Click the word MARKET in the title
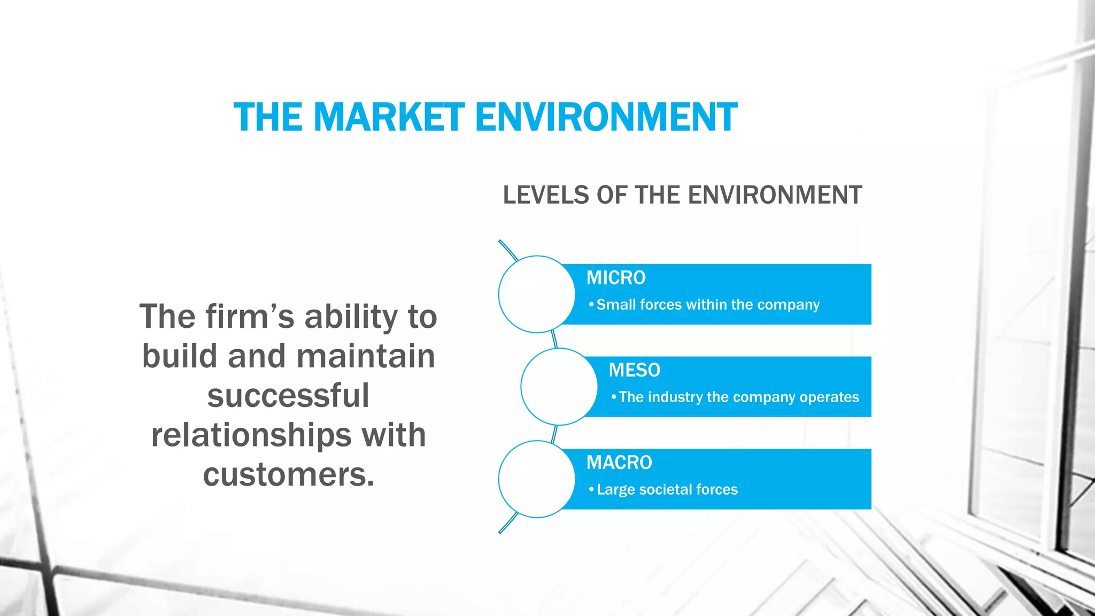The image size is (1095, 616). click(x=389, y=117)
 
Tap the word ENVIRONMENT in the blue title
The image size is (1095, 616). click(x=606, y=117)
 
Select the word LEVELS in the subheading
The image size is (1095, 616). click(x=545, y=195)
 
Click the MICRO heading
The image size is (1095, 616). click(x=616, y=278)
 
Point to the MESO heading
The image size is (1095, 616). click(x=634, y=370)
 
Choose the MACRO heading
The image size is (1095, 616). click(x=619, y=463)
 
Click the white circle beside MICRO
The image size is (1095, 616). click(x=536, y=294)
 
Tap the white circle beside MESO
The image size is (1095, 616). click(x=559, y=387)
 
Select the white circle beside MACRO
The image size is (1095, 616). click(x=536, y=479)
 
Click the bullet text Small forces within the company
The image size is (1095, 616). click(x=707, y=305)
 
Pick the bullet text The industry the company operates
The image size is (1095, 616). click(x=738, y=397)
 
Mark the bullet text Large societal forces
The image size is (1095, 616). click(x=667, y=490)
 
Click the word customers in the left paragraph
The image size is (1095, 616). click(x=288, y=474)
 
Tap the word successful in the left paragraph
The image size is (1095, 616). click(x=288, y=395)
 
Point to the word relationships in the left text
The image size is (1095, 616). click(x=251, y=435)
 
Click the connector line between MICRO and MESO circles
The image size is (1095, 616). click(x=554, y=340)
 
